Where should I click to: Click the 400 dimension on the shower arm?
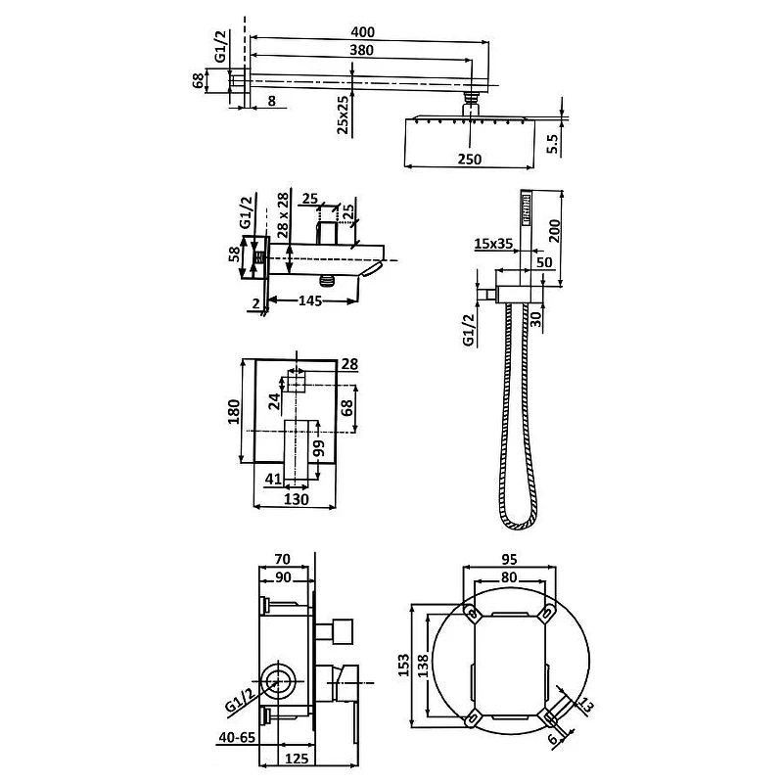362,32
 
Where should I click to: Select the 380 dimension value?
361,50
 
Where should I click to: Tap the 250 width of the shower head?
470,160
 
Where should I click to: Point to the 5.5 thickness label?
552,144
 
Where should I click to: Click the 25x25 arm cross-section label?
343,115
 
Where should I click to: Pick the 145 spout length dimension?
310,300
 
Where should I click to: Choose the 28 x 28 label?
283,214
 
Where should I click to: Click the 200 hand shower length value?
555,230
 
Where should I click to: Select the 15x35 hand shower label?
493,243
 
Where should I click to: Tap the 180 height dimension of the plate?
234,411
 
